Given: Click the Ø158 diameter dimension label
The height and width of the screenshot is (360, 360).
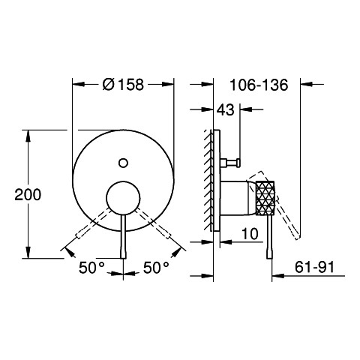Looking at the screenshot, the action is (x=123, y=85).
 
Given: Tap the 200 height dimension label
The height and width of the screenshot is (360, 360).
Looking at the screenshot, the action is (x=28, y=194).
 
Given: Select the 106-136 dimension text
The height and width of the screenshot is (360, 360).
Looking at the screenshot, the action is (x=259, y=85).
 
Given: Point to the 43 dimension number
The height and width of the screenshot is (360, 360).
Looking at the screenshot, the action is (x=225, y=109).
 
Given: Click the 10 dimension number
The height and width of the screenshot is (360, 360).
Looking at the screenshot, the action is (x=250, y=234).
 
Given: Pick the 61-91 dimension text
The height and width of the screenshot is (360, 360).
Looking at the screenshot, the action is (x=314, y=267).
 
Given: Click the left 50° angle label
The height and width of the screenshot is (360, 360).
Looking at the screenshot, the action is (x=91, y=268).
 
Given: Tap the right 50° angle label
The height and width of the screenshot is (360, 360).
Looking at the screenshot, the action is (x=156, y=268).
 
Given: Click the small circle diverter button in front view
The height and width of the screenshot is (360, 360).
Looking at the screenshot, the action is (x=123, y=163).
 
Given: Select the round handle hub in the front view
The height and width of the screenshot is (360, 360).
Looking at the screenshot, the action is (x=123, y=198).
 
